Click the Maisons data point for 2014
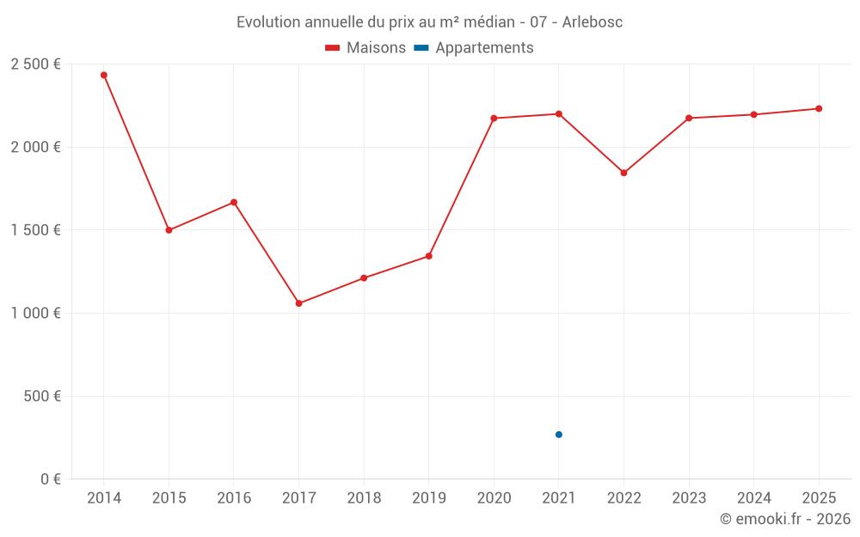(104, 75)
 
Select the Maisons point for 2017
(298, 303)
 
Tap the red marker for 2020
(494, 118)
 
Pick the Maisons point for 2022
(623, 173)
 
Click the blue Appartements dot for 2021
(559, 435)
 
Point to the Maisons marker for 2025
(819, 108)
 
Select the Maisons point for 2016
(234, 202)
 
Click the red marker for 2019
(428, 256)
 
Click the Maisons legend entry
(365, 48)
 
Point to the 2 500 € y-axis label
(35, 64)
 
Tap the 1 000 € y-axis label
(35, 314)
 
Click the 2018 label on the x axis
(364, 498)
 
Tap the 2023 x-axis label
(689, 498)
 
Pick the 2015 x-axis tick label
(169, 498)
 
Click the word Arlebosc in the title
(593, 22)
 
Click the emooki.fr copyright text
(785, 519)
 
